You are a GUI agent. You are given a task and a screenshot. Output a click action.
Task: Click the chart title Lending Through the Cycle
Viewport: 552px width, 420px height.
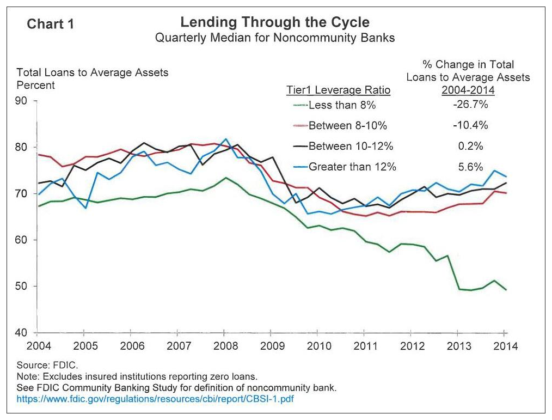[275, 22]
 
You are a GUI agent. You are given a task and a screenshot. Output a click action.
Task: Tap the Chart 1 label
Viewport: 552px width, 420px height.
[50, 24]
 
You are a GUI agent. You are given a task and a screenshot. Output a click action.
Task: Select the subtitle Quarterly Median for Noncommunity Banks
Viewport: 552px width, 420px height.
[275, 38]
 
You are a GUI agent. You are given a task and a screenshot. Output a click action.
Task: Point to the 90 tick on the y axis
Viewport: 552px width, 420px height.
[21, 101]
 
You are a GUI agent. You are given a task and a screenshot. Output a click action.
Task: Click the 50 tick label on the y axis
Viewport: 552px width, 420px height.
[21, 286]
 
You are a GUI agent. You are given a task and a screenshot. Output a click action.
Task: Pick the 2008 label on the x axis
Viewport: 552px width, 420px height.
[225, 346]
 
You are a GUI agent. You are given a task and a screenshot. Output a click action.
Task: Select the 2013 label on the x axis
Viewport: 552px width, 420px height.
[459, 346]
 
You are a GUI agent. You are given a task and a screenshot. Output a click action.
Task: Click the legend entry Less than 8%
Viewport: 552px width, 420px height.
[342, 105]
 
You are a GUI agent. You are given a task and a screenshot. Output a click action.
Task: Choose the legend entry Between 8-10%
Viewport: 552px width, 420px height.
[347, 125]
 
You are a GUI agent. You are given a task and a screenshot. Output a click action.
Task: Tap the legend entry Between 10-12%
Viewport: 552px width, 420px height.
[351, 146]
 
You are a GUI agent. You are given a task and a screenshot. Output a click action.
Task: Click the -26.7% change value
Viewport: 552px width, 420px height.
[470, 104]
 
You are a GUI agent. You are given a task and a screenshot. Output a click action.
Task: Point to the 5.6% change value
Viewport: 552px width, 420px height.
[470, 167]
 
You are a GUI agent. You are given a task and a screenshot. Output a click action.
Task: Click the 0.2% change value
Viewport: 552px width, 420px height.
[470, 146]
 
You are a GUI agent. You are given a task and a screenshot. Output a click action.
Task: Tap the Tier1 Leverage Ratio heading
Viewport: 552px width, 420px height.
[338, 90]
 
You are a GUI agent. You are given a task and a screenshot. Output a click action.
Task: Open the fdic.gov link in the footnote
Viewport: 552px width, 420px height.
[155, 399]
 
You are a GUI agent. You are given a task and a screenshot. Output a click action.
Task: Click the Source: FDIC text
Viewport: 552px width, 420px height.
[47, 365]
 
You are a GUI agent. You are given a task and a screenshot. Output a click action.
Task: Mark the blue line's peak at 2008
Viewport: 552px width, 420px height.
[226, 139]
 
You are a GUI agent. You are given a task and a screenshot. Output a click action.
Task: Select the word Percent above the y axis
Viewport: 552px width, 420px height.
[35, 86]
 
